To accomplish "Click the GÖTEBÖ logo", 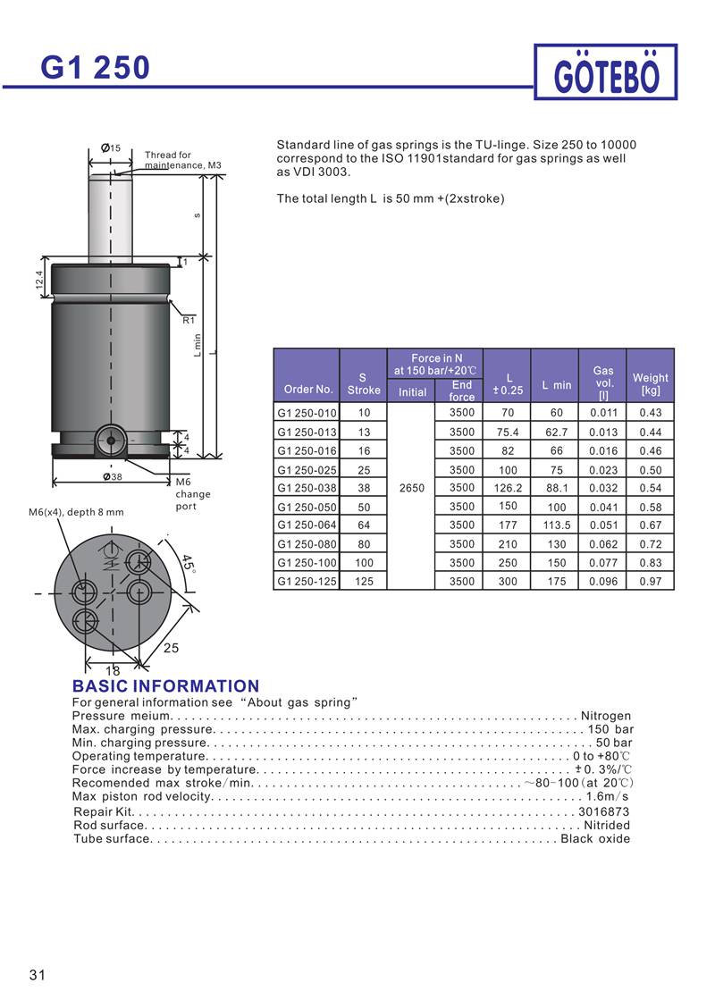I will point(607,72).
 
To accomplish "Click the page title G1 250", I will point(96,68).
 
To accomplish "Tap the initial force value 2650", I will point(411,488).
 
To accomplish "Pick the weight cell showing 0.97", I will point(651,582).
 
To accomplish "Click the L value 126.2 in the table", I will point(508,488).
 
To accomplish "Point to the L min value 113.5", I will point(557,525).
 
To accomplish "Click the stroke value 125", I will point(364,582).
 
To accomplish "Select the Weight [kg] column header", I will point(651,384).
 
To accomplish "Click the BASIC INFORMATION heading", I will point(165,686).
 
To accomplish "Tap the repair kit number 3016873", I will point(604,811).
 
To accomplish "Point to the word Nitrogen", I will point(606,716).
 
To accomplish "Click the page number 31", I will point(37,975).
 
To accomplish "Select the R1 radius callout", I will point(189,319).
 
